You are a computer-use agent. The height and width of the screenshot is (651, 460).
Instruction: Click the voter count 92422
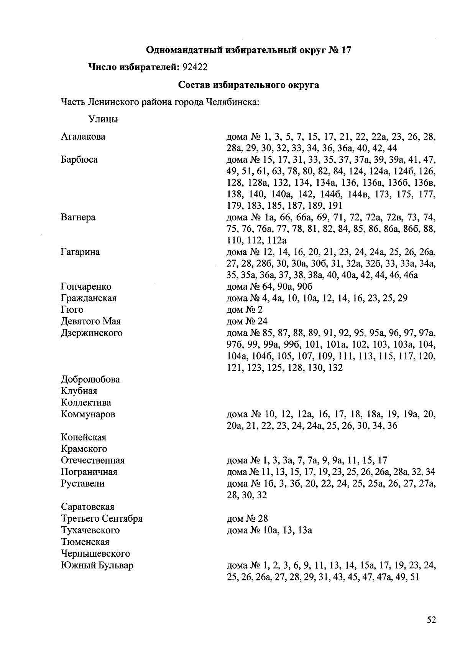[x=195, y=67]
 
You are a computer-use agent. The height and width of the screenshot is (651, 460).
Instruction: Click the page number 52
[x=431, y=620]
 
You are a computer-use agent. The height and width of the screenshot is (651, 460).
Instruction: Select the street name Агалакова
[x=83, y=137]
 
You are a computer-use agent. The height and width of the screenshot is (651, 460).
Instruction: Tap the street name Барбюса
[x=79, y=160]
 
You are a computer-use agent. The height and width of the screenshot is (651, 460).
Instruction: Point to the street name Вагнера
[x=78, y=218]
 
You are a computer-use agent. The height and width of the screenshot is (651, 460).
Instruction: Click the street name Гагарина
[x=80, y=252]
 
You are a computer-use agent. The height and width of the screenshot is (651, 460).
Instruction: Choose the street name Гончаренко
[x=86, y=287]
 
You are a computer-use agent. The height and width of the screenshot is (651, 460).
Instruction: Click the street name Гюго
[x=72, y=310]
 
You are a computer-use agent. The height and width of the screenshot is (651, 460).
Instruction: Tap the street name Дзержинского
[x=92, y=333]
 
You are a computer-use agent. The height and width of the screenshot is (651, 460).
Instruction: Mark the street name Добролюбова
[x=90, y=379]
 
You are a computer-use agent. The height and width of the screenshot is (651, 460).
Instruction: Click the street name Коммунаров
[x=88, y=414]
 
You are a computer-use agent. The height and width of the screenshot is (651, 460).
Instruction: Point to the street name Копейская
[x=83, y=437]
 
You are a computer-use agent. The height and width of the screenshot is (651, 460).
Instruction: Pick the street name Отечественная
[x=92, y=460]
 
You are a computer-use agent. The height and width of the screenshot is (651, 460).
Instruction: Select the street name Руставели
[x=82, y=483]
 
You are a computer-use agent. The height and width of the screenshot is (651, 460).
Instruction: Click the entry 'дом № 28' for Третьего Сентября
[x=247, y=519]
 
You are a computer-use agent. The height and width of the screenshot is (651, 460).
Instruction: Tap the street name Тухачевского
[x=90, y=530]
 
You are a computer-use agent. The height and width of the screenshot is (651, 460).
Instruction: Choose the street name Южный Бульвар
[x=97, y=565]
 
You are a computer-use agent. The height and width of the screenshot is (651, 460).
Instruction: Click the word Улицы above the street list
[x=103, y=119]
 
